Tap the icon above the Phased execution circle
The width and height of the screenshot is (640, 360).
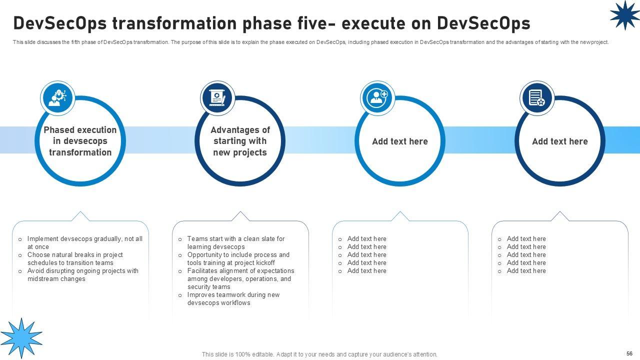[x=57, y=98]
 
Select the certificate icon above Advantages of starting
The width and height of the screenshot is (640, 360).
[x=217, y=98]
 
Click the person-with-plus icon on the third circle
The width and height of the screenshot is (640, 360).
[x=377, y=98]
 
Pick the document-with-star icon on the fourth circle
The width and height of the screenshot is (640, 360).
[x=537, y=98]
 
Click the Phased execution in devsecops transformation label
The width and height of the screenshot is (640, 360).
[x=80, y=141]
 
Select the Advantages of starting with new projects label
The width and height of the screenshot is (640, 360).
[x=240, y=141]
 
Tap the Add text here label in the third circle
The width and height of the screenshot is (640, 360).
[x=400, y=141]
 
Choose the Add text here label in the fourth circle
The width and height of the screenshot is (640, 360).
[x=559, y=141]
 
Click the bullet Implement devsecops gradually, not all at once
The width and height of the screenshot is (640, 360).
[x=84, y=242]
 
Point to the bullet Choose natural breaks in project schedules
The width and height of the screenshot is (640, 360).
[x=75, y=258]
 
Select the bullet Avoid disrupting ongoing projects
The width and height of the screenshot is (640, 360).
[x=83, y=274]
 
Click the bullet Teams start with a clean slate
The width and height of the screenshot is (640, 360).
[x=236, y=242]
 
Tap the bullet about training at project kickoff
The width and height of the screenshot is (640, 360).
[x=238, y=258]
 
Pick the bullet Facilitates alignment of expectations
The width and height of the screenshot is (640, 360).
[x=240, y=278]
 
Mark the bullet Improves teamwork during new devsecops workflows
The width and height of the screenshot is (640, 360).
[x=233, y=298]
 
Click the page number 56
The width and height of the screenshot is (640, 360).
[x=629, y=353]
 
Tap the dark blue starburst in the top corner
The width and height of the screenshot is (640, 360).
[x=624, y=15]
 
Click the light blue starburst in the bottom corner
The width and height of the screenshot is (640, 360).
[x=21, y=338]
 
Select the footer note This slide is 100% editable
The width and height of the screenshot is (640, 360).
[x=319, y=354]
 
